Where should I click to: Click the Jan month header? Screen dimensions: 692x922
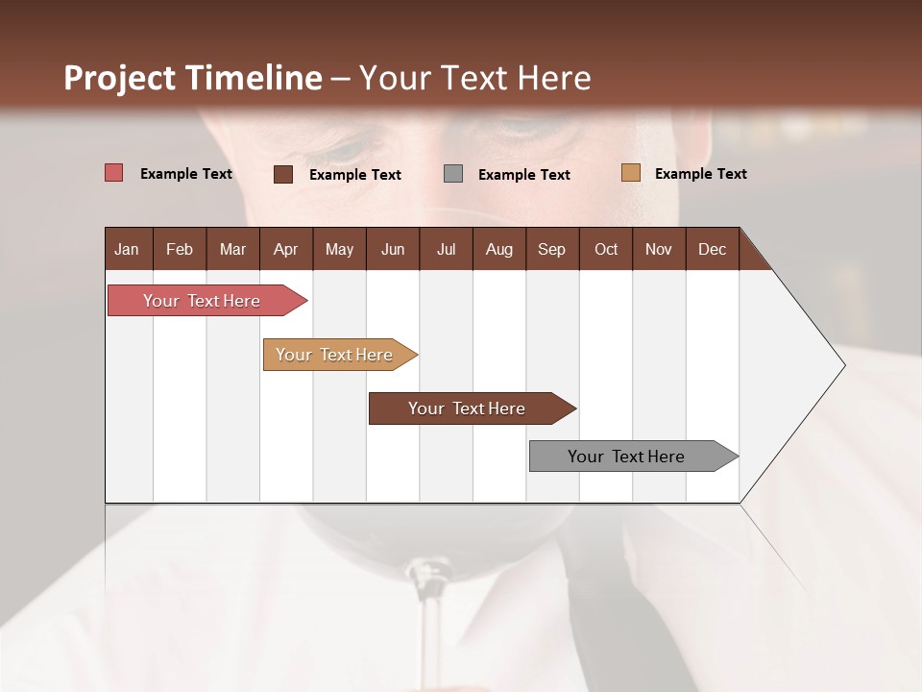[127, 249]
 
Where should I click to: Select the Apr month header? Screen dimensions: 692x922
[285, 249]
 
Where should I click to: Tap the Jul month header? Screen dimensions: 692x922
[446, 249]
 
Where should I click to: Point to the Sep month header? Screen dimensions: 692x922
[551, 249]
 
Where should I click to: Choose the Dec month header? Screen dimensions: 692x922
[712, 249]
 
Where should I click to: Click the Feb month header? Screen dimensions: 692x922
[180, 249]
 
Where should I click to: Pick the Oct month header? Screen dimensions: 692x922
[605, 249]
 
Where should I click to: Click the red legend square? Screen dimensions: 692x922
[114, 173]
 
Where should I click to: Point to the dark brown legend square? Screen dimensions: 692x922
[283, 174]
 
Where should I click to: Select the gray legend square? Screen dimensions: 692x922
[453, 174]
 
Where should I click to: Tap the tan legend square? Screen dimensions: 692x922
[630, 173]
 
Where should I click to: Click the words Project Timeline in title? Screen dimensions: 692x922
[193, 78]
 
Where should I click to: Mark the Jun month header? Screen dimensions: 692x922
[392, 249]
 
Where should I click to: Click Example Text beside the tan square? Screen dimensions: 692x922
[700, 174]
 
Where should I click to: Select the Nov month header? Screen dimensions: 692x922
[658, 249]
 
